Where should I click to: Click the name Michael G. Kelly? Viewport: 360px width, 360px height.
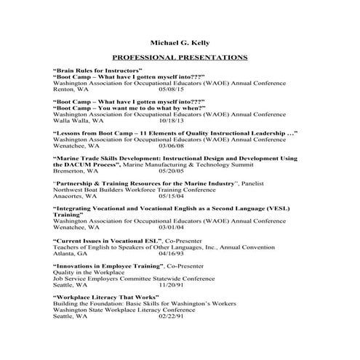(180, 42)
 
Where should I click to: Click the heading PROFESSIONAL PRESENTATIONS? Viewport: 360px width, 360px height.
(180, 57)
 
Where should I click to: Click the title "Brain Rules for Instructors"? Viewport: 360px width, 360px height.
(98, 69)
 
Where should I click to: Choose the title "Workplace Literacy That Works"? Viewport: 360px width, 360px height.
(106, 297)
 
